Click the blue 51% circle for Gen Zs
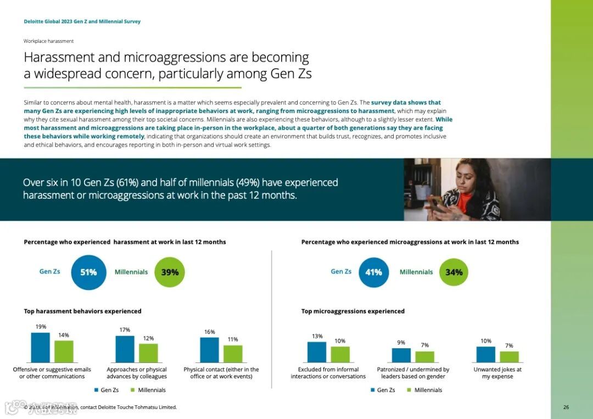point(88,272)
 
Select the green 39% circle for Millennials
point(170,272)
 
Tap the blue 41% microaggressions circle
point(374,272)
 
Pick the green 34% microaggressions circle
point(454,272)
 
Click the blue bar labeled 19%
point(40,348)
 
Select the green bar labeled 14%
point(64,351)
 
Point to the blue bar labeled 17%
point(125,349)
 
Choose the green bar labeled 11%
point(233,354)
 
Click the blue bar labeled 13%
point(317,352)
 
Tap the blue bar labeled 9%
point(401,355)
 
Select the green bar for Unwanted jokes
point(509,357)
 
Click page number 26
point(566,407)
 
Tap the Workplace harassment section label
point(48,41)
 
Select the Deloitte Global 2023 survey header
point(82,22)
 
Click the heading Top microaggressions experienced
point(353,311)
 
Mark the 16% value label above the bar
point(209,332)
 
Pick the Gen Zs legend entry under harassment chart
point(106,390)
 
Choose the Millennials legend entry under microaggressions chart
point(424,390)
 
